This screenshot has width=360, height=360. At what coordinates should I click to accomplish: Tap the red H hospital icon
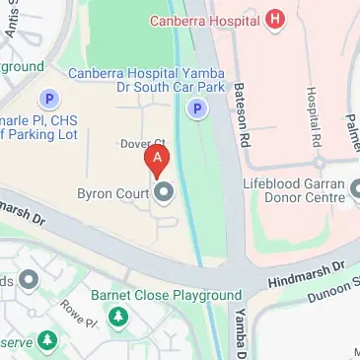275,18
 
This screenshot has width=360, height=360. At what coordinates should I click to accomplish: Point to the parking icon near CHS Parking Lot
46,98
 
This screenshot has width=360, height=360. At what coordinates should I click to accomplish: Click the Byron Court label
112,191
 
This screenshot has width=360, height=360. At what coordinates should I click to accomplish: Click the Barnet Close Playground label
167,295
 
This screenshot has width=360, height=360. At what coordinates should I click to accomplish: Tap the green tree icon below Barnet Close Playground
118,317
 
